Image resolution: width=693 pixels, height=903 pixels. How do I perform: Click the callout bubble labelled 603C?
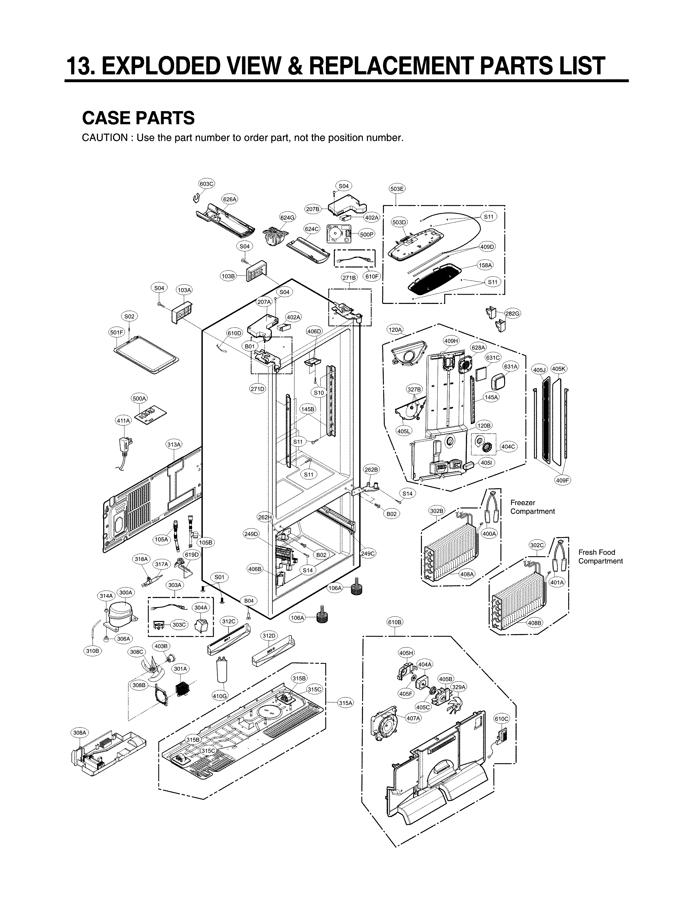pyautogui.click(x=207, y=184)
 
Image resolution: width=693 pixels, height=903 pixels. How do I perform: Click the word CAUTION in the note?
pyautogui.click(x=105, y=138)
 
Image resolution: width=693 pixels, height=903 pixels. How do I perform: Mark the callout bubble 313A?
pyautogui.click(x=174, y=445)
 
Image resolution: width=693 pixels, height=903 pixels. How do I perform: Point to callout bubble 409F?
pyautogui.click(x=563, y=480)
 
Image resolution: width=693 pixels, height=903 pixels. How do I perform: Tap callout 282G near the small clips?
pyautogui.click(x=512, y=314)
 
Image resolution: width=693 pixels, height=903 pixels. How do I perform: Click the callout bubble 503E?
pyautogui.click(x=397, y=189)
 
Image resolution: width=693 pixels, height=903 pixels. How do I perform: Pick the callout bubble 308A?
pyautogui.click(x=80, y=733)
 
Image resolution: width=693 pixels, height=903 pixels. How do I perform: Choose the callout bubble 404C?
pyautogui.click(x=508, y=446)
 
